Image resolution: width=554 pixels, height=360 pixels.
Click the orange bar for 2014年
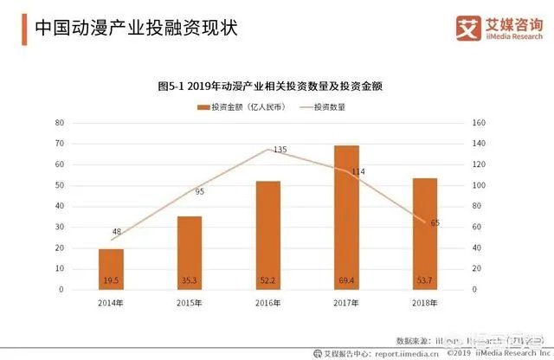click(111, 269)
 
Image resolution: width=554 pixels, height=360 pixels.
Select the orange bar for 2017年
click(347, 217)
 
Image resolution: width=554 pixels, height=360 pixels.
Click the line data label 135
click(279, 150)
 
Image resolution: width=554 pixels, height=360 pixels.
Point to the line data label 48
click(117, 231)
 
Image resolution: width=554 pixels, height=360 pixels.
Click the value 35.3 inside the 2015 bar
click(190, 280)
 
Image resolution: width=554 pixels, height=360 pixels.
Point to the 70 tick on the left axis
click(61, 123)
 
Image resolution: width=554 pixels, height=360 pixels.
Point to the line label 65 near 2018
click(435, 223)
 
